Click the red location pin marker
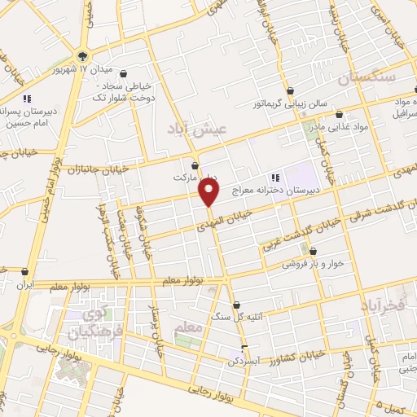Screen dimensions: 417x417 (x=209, y=192)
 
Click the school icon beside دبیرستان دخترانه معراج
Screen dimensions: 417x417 (x=274, y=177)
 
